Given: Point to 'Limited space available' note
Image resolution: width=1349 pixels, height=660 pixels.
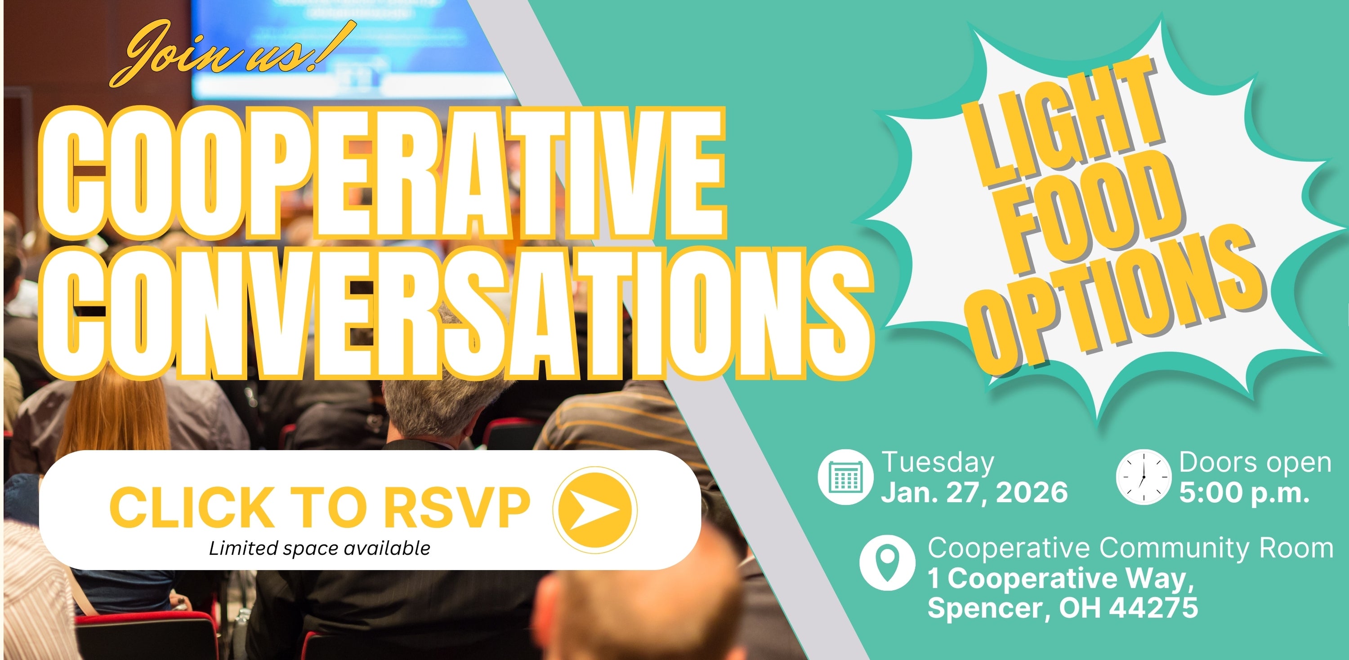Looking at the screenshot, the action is [319, 548].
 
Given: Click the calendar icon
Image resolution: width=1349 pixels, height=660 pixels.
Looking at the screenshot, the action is [845, 477].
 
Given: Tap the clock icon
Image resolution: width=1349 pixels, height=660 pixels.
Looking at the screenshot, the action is [1144, 477].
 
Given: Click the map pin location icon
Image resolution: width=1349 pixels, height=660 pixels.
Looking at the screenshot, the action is [888, 563].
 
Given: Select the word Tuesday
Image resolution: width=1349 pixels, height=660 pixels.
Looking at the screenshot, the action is [938, 463].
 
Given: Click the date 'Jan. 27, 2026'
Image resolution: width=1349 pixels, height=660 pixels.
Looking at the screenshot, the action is [974, 492].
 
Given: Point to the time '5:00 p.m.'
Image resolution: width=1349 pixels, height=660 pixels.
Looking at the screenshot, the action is [1244, 492].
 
